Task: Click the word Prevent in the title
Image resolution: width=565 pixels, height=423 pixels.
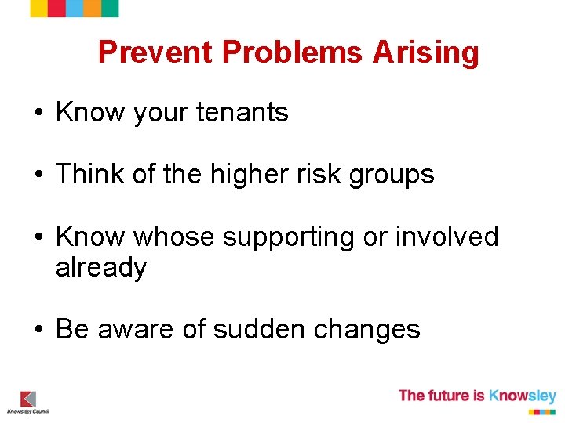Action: [155, 52]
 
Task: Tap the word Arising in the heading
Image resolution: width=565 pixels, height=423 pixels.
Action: [425, 52]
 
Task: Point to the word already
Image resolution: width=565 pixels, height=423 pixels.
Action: [101, 268]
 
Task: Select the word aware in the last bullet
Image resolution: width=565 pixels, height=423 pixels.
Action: [135, 330]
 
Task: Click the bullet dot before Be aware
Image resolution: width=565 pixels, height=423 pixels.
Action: [38, 330]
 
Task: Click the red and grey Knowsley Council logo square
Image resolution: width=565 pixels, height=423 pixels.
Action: [28, 399]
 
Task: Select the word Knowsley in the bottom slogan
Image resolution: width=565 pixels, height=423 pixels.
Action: [523, 396]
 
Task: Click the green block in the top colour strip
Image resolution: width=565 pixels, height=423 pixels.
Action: [111, 8]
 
